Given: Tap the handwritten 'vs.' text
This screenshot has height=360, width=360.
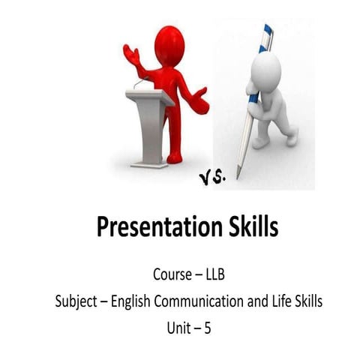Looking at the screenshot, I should click(x=213, y=177).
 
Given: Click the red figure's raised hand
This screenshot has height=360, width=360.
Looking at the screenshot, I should click(x=133, y=55).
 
